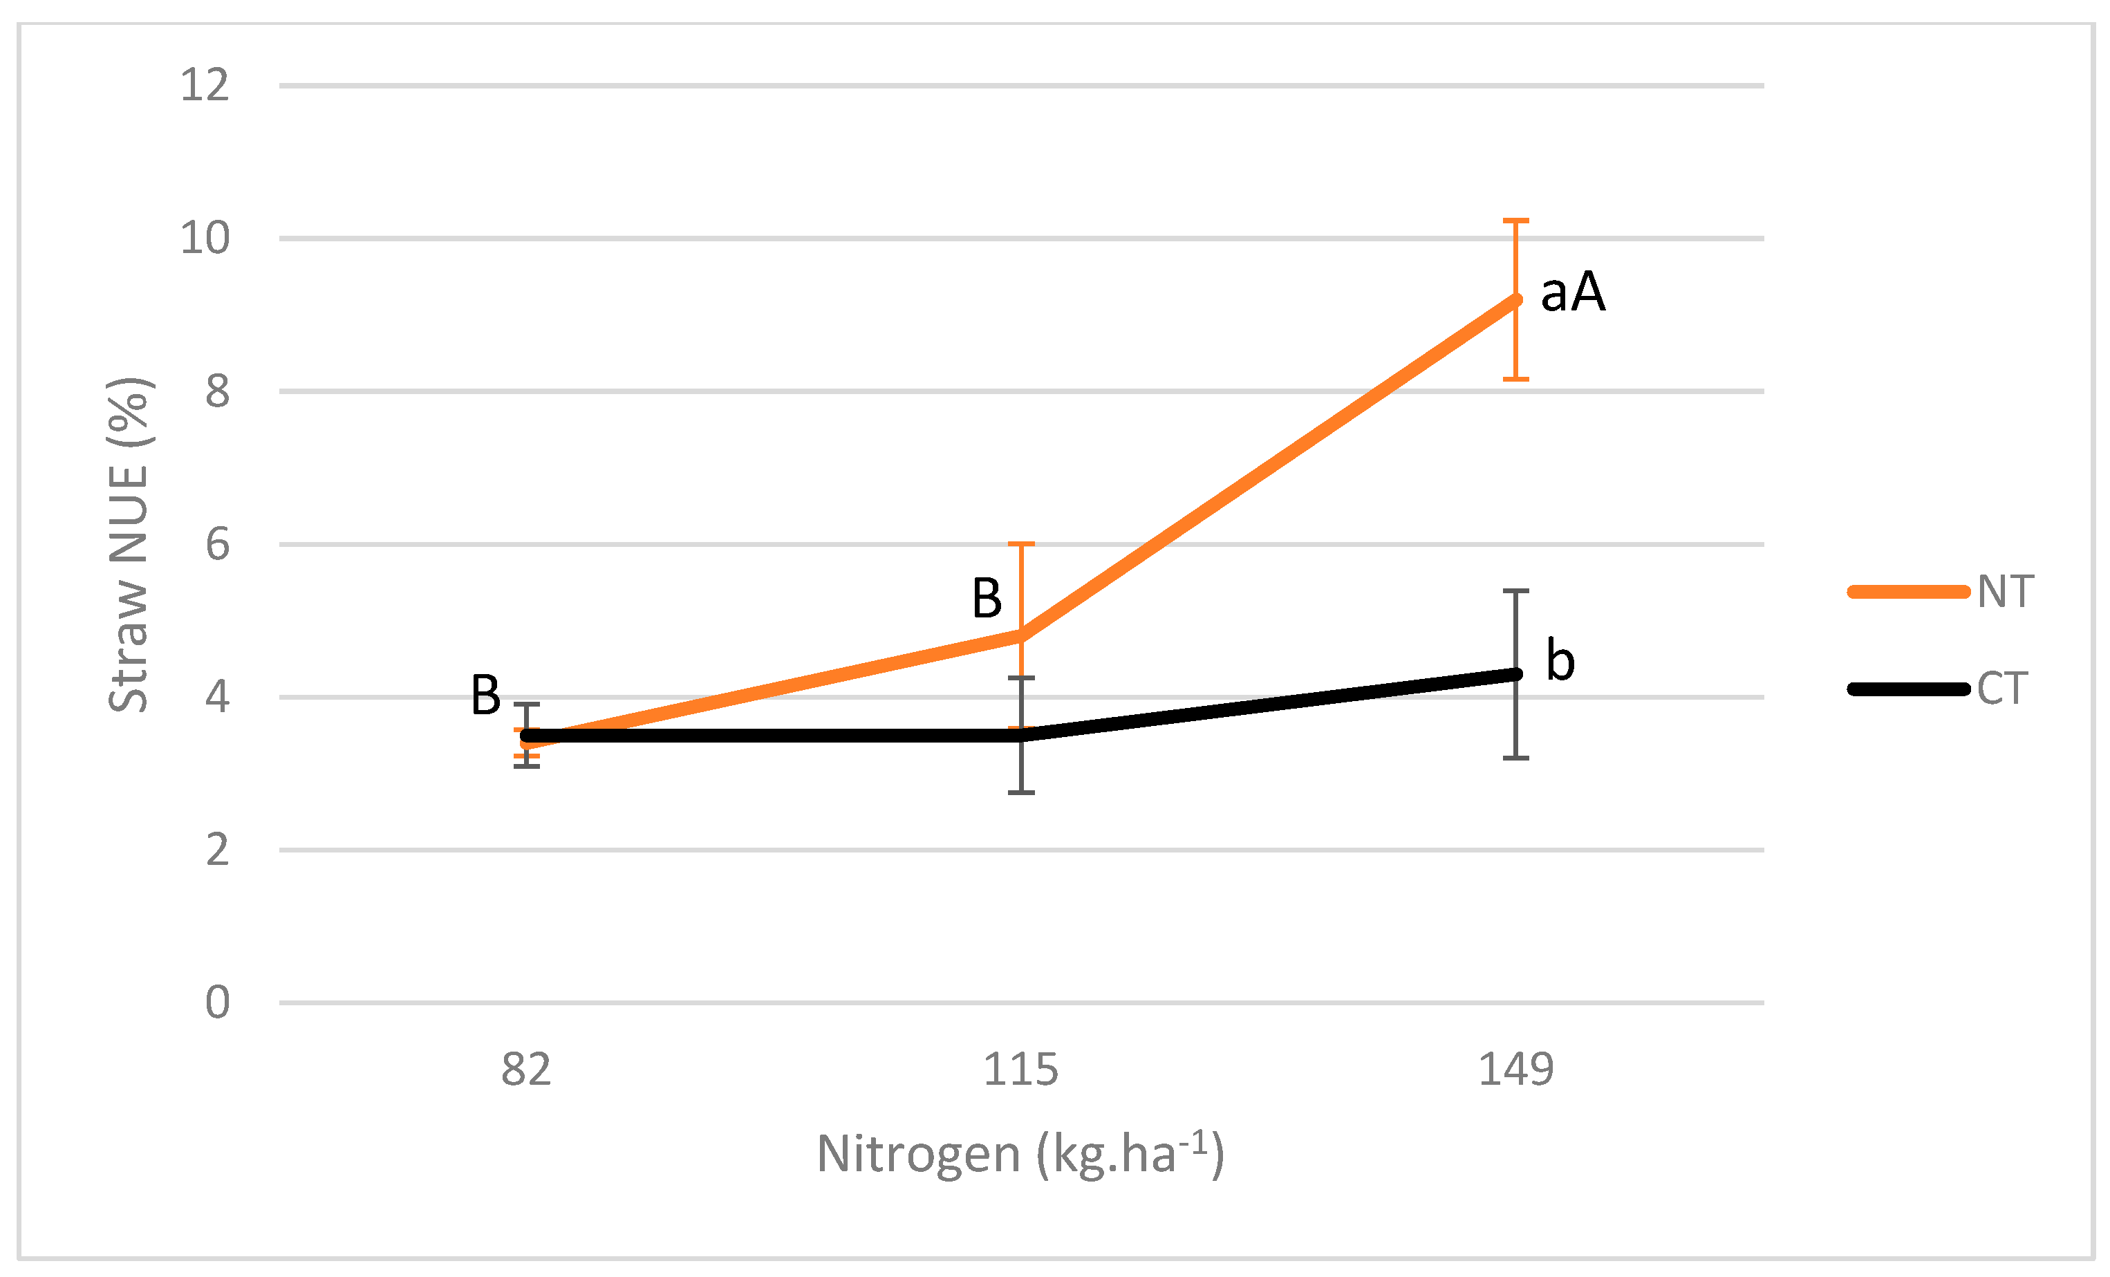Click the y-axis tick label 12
205,86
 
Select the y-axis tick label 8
218,391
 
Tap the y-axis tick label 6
218,545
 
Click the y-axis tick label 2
218,850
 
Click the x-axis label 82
526,1070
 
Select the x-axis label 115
1020,1070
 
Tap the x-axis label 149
1515,1070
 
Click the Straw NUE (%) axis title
130,545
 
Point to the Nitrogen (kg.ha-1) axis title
1020,1154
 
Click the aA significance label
1573,292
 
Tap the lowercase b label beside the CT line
1560,660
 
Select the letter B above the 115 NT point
987,598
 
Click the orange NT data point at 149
1515,300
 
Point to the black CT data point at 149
1515,674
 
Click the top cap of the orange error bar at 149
1515,221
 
